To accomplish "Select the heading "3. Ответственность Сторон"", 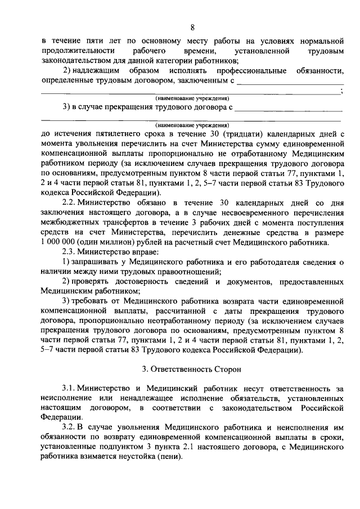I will point(192,370).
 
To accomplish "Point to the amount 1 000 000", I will point(59,258).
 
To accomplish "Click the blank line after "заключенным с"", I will point(290,82).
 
